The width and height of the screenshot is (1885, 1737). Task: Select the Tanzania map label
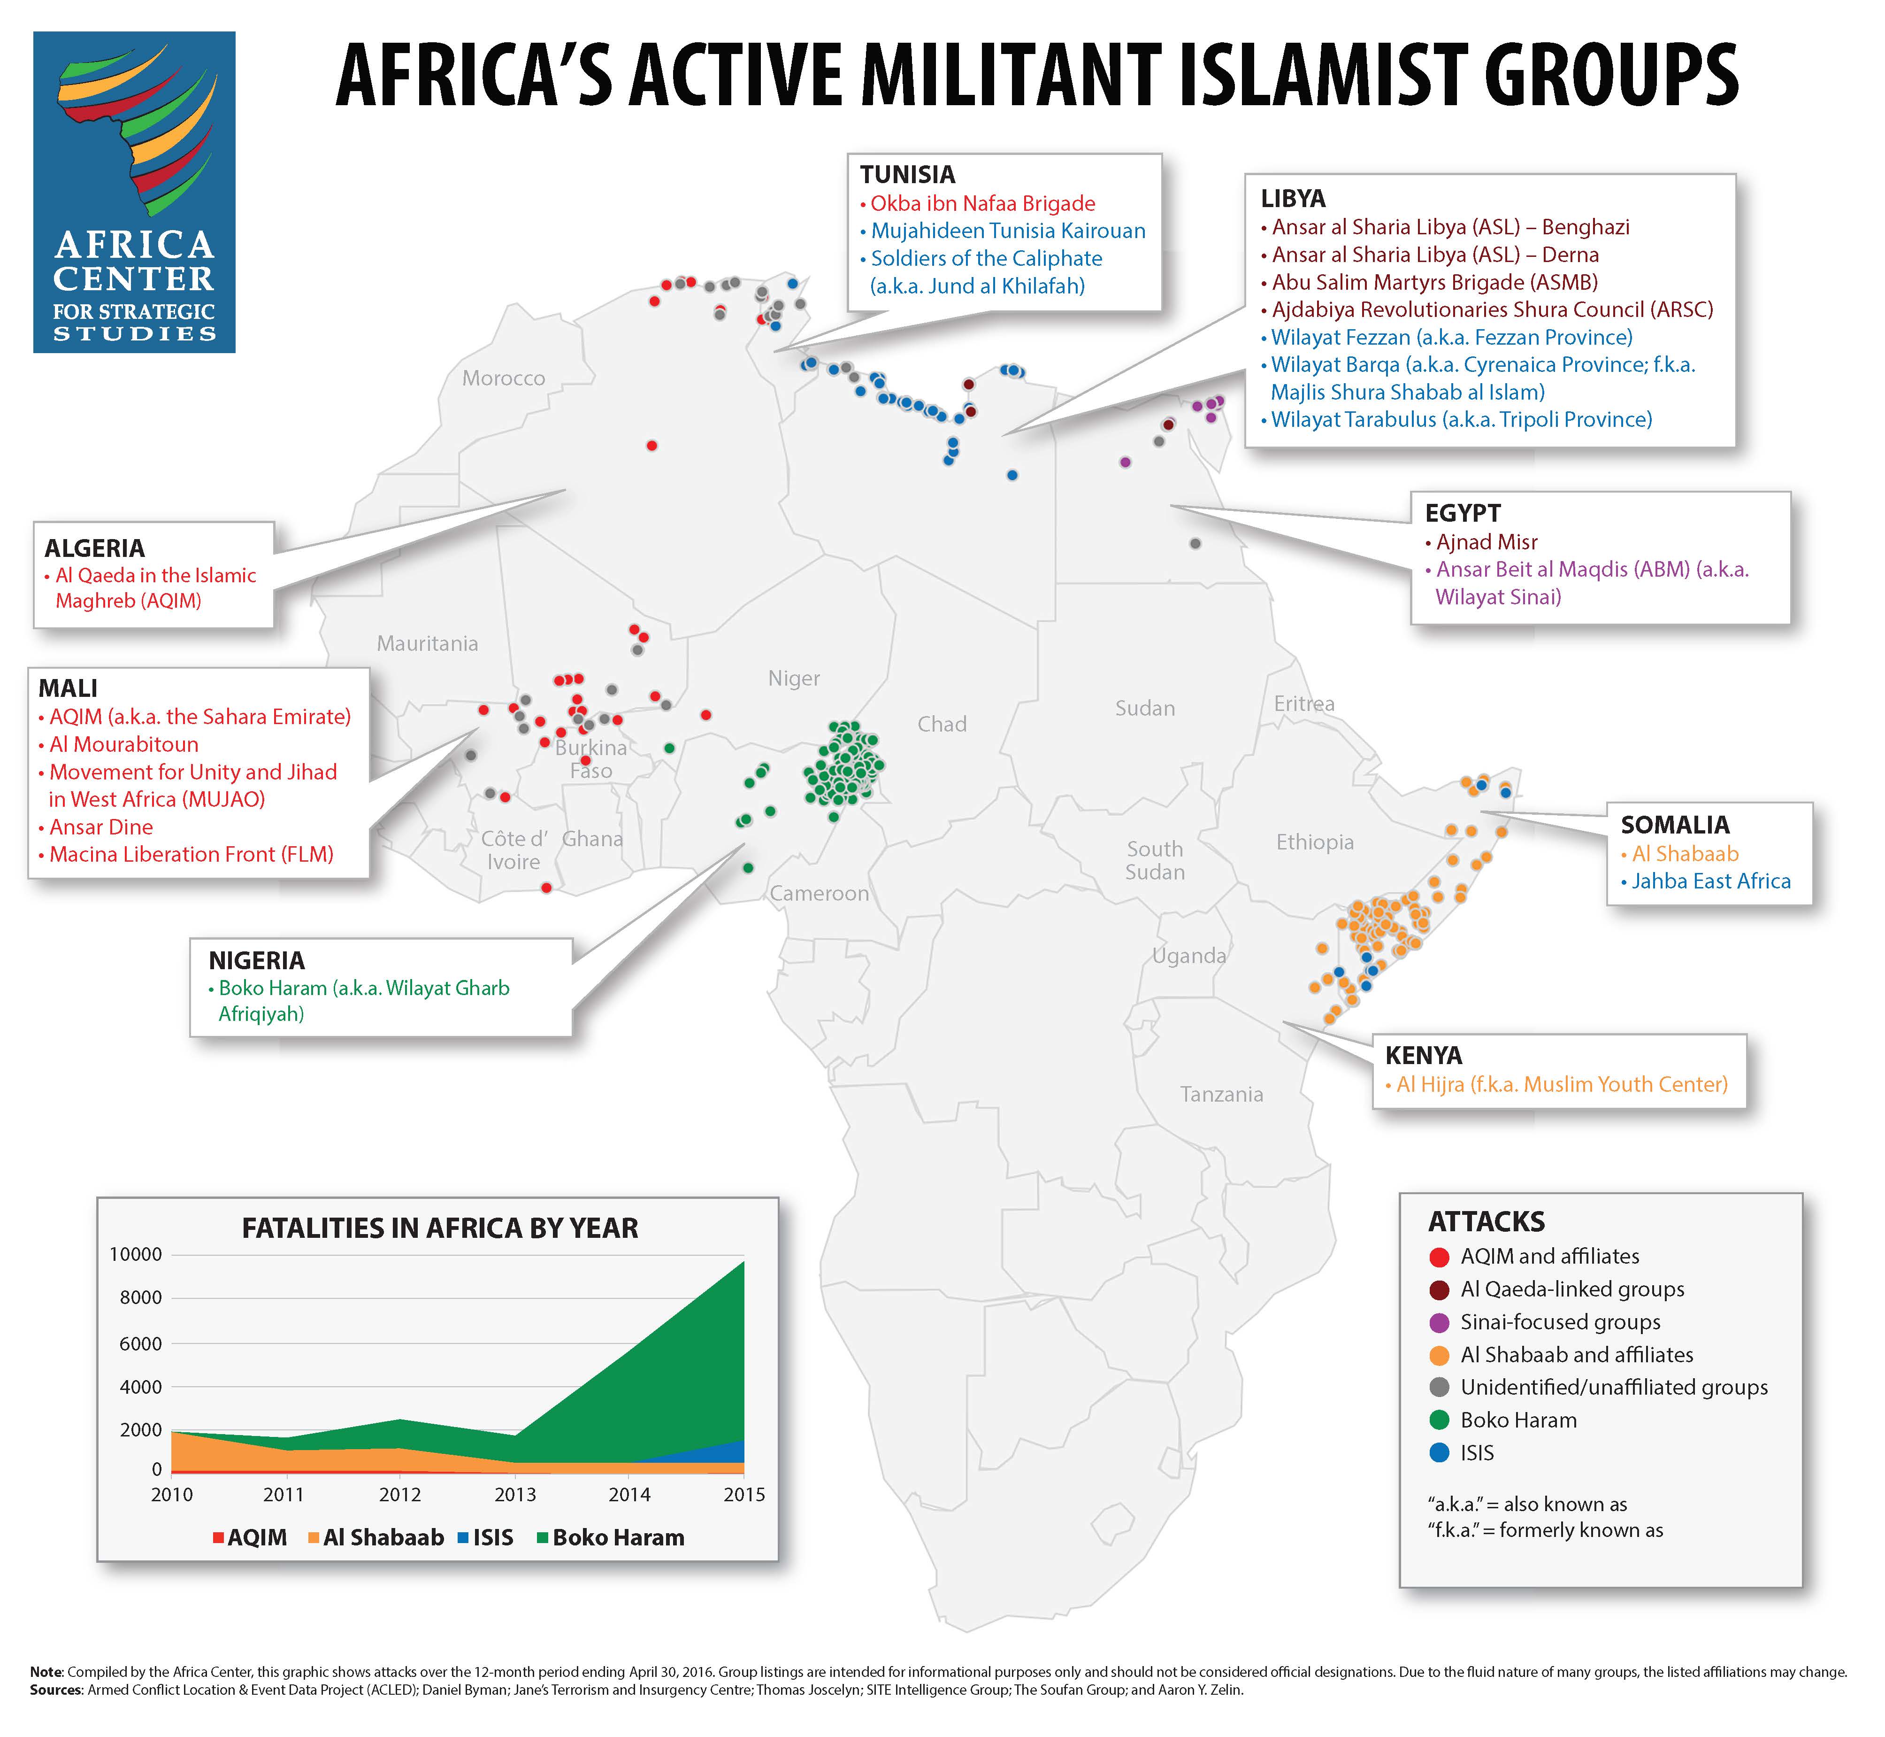click(x=1222, y=1094)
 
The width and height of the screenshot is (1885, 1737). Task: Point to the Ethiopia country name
click(x=1315, y=842)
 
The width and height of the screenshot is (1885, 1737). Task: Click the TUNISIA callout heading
click(x=908, y=175)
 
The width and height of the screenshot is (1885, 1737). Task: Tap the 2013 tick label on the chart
click(x=515, y=1495)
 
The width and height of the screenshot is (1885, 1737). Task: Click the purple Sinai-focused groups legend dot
click(x=1439, y=1322)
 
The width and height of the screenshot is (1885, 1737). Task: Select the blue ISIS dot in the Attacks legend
click(x=1439, y=1453)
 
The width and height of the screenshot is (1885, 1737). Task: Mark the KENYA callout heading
click(x=1424, y=1056)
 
